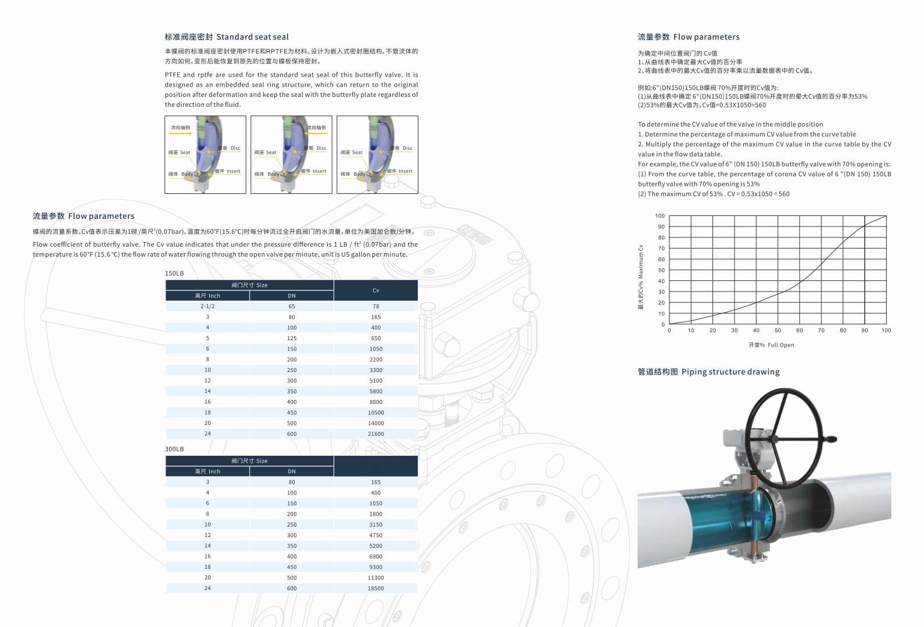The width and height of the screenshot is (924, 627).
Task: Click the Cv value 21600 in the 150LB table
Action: pos(375,434)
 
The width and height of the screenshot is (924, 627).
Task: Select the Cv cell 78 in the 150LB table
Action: pos(375,307)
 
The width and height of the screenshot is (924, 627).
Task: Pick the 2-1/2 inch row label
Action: pos(207,307)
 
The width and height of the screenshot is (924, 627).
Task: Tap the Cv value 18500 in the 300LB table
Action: pos(375,588)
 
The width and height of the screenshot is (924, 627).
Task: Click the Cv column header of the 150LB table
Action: pos(375,290)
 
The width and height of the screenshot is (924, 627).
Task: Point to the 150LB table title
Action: pos(174,273)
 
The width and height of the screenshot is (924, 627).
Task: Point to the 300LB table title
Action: pos(174,449)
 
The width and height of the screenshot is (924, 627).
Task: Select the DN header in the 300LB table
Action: pos(292,471)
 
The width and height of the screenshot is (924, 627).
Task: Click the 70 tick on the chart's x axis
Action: pos(821,330)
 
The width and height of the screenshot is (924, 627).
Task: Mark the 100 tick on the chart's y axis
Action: pos(660,216)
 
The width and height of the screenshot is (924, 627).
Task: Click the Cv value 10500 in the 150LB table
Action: pos(375,412)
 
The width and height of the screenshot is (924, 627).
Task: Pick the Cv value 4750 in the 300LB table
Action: pos(375,535)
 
